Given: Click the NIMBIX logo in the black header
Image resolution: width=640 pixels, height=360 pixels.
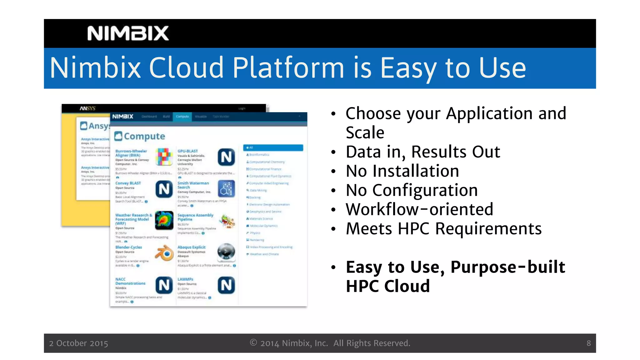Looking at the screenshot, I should [128, 33].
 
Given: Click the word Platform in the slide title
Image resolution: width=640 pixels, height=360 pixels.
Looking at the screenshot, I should [288, 68].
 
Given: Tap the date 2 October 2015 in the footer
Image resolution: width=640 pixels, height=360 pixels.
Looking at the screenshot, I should [78, 343].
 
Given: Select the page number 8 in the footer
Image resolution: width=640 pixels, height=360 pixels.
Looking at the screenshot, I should [588, 343].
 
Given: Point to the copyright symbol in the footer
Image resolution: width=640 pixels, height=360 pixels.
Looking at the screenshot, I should [253, 342].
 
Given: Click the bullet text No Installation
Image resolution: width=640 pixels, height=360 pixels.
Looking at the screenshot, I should [402, 171].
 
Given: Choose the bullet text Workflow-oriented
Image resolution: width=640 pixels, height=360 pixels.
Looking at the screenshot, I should [419, 209].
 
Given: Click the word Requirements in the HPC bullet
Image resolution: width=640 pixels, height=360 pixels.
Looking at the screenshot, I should [488, 228].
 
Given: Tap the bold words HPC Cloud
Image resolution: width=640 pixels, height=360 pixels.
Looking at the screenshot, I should [388, 286].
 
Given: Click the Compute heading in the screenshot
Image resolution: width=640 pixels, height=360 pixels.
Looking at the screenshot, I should [144, 136].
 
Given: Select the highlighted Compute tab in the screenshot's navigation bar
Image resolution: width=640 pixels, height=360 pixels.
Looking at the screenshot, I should [182, 117].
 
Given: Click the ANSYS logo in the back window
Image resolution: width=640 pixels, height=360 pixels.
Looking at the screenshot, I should [87, 108].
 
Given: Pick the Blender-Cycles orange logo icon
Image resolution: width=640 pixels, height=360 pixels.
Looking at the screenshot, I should [164, 253].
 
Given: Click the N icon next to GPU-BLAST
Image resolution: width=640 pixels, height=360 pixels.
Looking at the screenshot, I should [226, 157].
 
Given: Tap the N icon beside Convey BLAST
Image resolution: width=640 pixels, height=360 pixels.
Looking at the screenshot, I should [164, 189].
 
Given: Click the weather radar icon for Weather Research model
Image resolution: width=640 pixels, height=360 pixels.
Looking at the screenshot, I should [164, 220].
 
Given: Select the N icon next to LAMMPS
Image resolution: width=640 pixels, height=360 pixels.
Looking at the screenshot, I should [226, 285].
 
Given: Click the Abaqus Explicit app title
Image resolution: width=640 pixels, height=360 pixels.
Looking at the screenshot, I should [191, 247].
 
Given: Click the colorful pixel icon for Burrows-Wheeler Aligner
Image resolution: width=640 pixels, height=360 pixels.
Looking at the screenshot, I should [164, 157].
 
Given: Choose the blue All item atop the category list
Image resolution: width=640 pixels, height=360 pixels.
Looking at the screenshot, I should [273, 147].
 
